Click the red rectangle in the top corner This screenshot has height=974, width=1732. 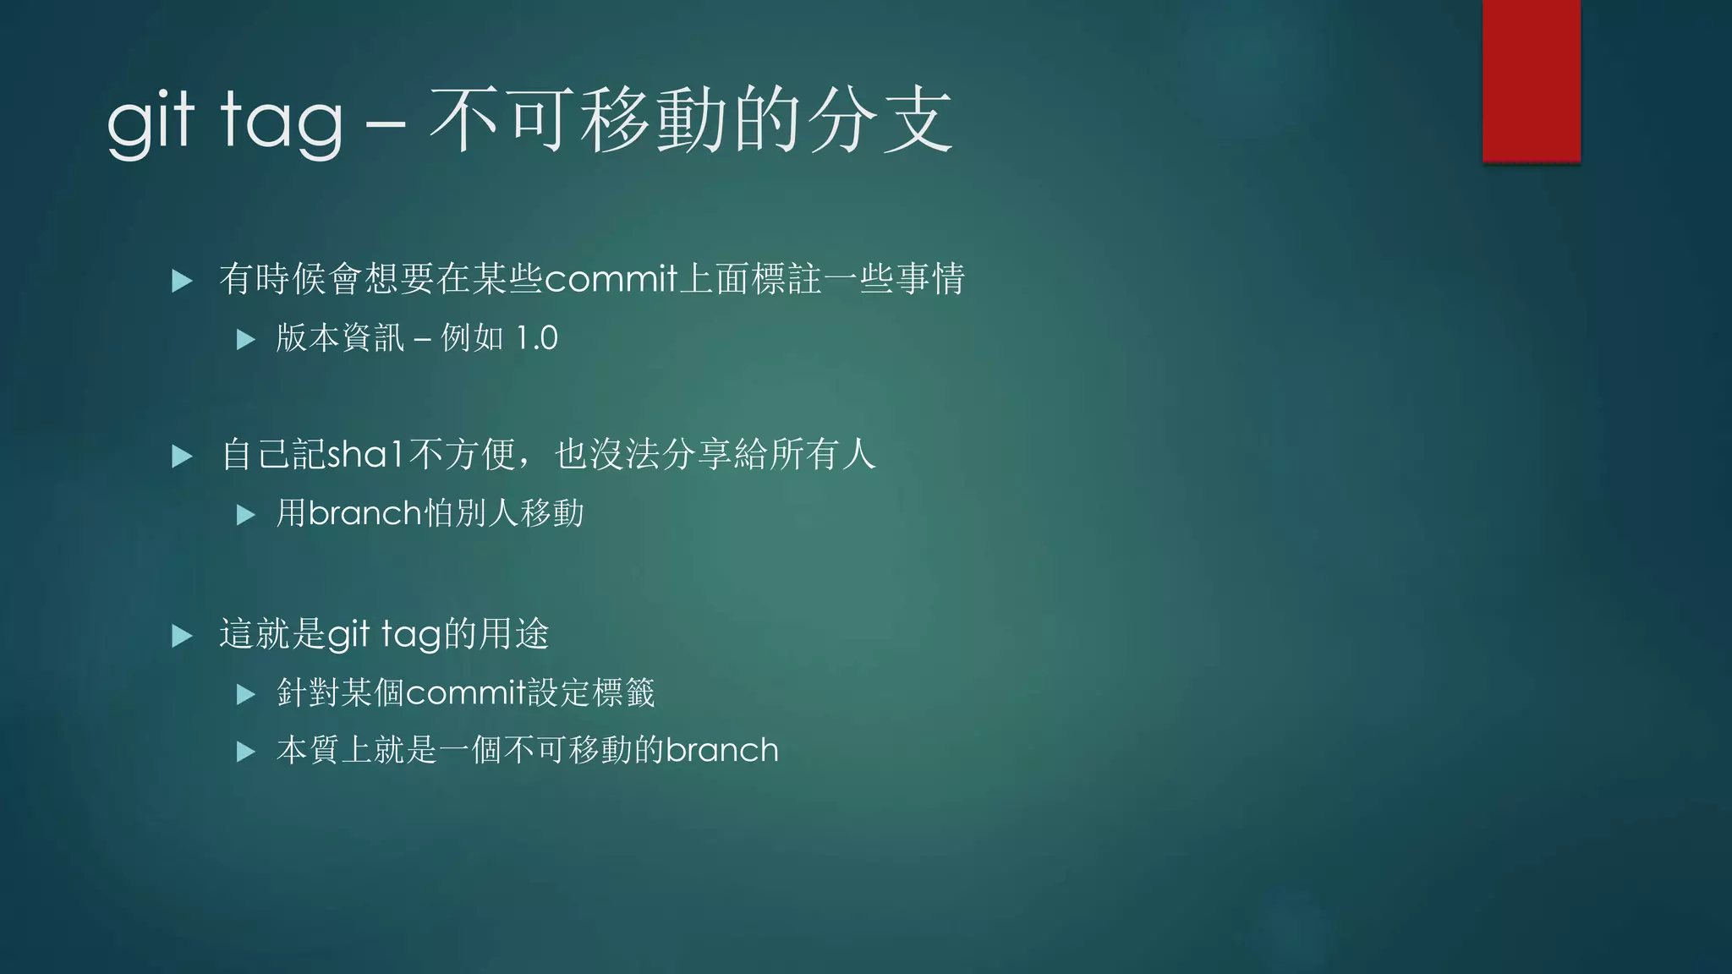pos(1531,80)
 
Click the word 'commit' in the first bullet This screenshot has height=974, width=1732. pos(611,279)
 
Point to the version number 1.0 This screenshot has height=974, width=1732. pos(536,338)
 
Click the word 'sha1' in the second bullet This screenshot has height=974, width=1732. pos(366,455)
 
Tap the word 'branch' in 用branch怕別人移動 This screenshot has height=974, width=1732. pos(364,513)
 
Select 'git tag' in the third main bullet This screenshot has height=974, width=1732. pos(384,634)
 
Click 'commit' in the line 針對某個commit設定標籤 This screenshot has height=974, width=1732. pos(466,693)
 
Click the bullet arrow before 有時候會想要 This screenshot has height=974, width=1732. pos(182,281)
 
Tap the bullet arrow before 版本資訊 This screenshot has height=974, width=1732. pos(245,340)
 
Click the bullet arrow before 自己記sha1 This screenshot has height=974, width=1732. pos(182,457)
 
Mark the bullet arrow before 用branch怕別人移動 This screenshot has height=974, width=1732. pos(245,514)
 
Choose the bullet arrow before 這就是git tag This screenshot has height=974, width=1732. pos(182,636)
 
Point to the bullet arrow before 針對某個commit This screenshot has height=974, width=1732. pos(245,695)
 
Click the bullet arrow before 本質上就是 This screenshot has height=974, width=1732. pos(245,752)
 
